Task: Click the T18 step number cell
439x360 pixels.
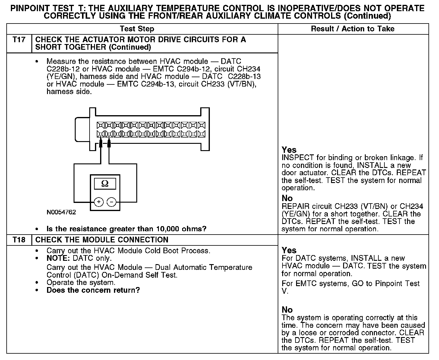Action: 19,240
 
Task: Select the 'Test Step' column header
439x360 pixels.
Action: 137,29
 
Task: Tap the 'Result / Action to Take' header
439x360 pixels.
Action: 352,29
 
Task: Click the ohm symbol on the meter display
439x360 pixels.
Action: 105,183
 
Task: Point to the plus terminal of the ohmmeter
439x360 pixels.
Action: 99,202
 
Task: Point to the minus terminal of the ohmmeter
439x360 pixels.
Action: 112,202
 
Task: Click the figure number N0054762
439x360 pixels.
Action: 61,212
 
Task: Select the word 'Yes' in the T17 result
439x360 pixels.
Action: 289,150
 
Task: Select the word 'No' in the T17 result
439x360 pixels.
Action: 287,198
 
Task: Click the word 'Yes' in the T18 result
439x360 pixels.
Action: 289,250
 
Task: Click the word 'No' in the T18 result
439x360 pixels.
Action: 287,310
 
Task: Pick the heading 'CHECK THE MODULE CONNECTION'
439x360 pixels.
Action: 102,240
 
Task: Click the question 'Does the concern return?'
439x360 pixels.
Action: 93,290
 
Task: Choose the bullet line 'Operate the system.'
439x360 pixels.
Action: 81,283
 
